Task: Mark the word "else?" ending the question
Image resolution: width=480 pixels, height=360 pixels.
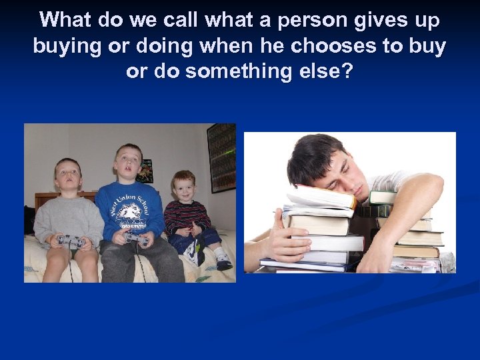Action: click(x=329, y=71)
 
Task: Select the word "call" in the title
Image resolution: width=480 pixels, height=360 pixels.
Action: click(x=179, y=21)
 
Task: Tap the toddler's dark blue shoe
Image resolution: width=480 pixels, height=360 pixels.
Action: click(x=223, y=263)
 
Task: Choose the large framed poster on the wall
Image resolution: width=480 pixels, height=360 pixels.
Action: click(x=221, y=157)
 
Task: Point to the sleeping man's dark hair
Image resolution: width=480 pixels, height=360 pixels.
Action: click(x=313, y=156)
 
